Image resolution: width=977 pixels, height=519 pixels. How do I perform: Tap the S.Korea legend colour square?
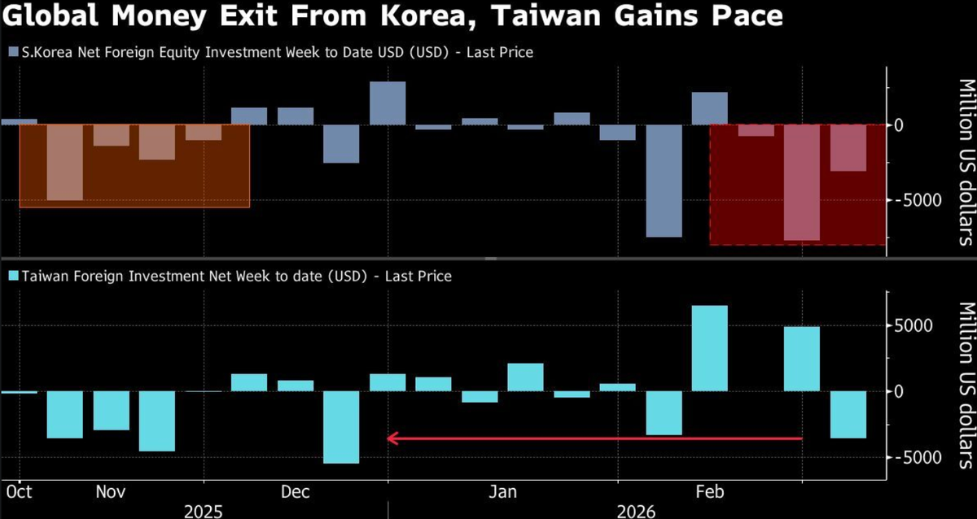point(12,52)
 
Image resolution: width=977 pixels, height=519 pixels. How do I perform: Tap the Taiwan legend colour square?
point(12,277)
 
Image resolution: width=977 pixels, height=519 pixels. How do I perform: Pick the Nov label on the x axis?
point(110,492)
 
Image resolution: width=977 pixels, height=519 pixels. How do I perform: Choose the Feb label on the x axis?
point(709,492)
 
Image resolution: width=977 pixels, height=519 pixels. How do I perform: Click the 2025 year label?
point(203,511)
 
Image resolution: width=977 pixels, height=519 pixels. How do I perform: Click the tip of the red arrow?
point(388,438)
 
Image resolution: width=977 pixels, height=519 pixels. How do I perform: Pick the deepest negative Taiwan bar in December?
point(341,427)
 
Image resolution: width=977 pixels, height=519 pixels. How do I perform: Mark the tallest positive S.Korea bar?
point(387,103)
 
